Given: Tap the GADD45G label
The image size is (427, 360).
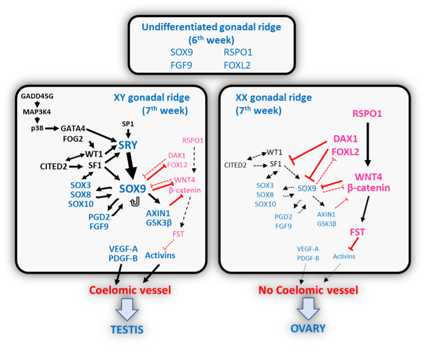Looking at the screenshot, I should coord(37,96).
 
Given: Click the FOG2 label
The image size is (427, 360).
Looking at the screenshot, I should coord(73,138).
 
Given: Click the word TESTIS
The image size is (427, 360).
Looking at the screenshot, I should coord(127,329).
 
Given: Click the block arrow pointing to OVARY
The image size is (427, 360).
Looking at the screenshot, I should coord(308,308).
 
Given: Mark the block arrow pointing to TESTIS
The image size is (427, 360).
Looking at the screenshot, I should coord(127,308).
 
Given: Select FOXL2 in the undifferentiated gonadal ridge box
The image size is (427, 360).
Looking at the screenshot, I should coord(237,65).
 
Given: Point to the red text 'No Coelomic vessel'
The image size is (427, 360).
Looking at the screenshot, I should coord(308,290).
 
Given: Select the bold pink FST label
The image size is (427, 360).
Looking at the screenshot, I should coord(358,232).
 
